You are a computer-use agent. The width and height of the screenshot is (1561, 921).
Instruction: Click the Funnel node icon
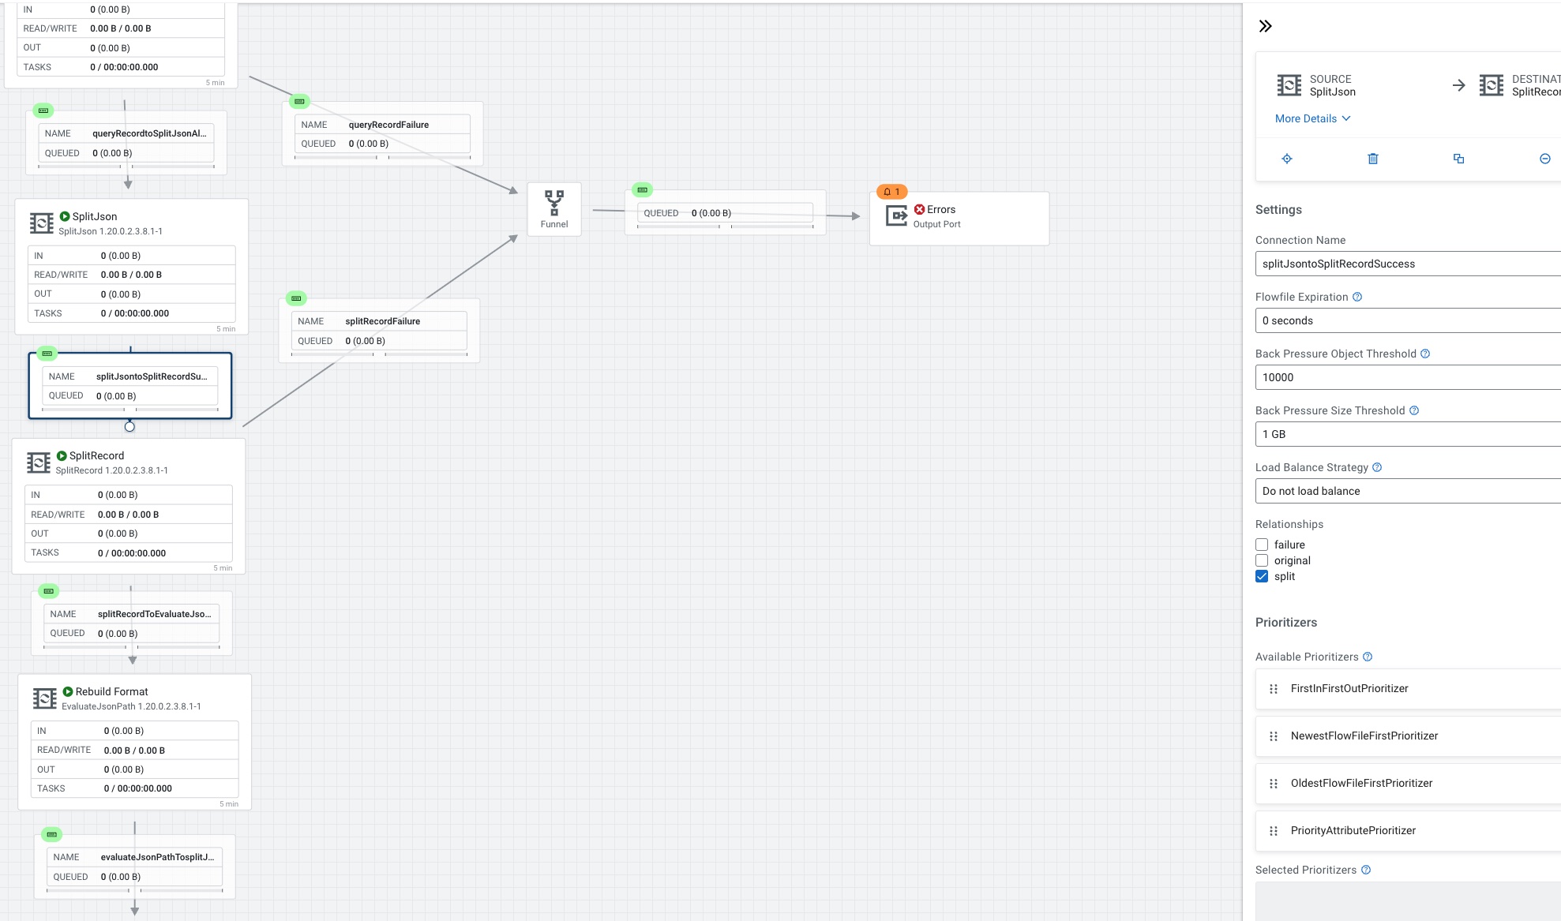[554, 203]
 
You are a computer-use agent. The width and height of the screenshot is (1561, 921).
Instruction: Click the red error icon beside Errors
[919, 209]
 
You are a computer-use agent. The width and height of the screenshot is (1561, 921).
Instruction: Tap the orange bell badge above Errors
[892, 192]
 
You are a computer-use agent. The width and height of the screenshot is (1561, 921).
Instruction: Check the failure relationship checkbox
[1262, 545]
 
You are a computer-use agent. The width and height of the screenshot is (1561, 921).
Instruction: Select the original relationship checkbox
[1262, 560]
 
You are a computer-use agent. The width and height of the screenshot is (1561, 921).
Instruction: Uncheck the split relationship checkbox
[1262, 576]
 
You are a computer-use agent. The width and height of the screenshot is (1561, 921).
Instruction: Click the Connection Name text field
[1405, 264]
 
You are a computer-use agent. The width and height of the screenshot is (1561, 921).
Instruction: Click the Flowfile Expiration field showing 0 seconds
[1405, 320]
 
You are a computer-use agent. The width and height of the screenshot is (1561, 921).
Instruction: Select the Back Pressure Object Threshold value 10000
[1405, 377]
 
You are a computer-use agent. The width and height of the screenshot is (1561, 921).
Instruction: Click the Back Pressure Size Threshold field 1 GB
[1405, 434]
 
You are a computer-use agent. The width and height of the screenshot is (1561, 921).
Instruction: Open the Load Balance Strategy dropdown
[1405, 491]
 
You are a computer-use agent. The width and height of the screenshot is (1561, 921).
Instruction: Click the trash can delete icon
[1373, 159]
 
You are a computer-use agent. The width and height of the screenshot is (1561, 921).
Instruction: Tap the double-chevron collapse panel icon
[1266, 26]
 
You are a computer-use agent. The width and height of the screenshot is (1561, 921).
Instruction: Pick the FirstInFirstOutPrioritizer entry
[1349, 688]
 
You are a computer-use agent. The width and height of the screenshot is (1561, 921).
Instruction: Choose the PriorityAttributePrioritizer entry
[1353, 830]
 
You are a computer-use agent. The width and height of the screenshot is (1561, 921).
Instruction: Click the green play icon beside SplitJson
[65, 216]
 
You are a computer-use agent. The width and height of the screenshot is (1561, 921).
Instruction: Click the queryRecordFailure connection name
[388, 125]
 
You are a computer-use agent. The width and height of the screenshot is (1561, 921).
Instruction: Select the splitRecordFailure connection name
[382, 321]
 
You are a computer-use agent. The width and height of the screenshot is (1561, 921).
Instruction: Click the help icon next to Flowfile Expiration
[1357, 297]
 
